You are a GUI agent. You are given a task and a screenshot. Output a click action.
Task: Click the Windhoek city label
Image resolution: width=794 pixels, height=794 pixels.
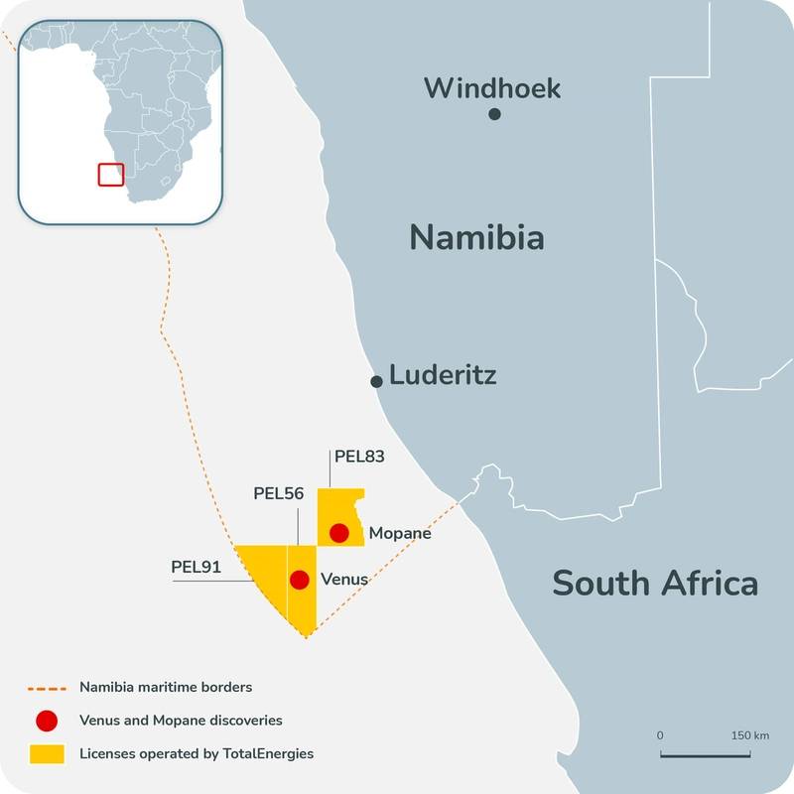[492, 87]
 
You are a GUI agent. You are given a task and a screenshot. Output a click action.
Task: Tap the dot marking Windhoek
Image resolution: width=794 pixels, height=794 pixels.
[494, 114]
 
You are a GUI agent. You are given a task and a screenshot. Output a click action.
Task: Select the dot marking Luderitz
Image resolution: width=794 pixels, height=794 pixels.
[377, 381]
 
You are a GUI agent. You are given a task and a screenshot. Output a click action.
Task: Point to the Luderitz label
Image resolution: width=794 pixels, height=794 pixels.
[443, 375]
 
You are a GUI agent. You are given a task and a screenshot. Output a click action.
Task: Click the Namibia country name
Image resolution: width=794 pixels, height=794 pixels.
[476, 237]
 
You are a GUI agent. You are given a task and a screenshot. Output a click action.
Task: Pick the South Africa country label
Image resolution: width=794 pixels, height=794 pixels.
[655, 583]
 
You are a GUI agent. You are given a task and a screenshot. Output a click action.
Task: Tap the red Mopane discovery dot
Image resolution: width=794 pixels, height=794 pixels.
[339, 533]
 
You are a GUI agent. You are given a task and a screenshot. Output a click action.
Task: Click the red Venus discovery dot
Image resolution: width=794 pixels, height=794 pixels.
[299, 580]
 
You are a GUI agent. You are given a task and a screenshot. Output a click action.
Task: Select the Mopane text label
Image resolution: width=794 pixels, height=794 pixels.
[400, 533]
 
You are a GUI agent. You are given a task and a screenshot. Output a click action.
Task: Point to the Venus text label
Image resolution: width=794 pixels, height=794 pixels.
[344, 580]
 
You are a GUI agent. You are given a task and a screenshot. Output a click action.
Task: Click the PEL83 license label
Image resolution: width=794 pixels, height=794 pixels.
[359, 457]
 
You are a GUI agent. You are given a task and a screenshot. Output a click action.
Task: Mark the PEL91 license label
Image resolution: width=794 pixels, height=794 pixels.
[196, 567]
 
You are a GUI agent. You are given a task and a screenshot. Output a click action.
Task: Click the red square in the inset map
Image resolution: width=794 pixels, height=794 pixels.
[109, 174]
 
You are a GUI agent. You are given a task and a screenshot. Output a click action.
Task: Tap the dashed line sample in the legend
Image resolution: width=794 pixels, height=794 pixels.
[47, 687]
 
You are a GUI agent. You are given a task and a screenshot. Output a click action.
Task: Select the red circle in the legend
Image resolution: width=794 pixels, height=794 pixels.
[47, 721]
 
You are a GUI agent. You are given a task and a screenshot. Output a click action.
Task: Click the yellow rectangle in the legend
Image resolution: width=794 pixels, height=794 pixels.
[47, 754]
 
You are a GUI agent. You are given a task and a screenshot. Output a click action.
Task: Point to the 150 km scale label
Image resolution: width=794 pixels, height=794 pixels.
[749, 735]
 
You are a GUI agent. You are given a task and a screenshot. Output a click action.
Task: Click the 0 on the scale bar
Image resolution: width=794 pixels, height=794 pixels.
[660, 735]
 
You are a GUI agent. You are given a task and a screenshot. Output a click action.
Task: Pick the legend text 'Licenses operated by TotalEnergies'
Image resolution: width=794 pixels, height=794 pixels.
[197, 754]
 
